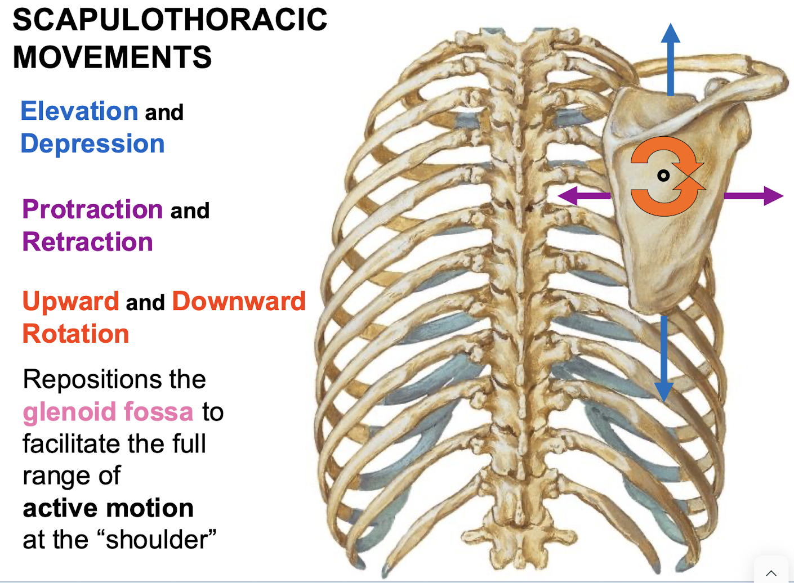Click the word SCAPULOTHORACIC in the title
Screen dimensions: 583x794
coord(169,20)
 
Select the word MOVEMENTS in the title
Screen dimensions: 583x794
coord(112,57)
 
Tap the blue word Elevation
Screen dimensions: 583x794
coord(79,111)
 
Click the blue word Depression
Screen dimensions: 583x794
coord(92,144)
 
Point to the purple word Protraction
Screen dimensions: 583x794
coord(92,209)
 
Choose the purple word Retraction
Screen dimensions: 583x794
coord(87,242)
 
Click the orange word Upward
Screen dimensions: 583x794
coord(70,301)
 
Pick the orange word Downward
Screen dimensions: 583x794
coord(239,301)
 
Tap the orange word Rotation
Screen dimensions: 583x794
coord(75,334)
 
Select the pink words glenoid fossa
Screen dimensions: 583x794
coord(108,411)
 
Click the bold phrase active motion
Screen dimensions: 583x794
coord(108,508)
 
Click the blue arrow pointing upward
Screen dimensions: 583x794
coord(670,59)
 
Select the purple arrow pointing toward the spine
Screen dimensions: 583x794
coord(583,196)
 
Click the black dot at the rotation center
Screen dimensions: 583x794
coord(664,176)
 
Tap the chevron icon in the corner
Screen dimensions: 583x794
coord(771,573)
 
